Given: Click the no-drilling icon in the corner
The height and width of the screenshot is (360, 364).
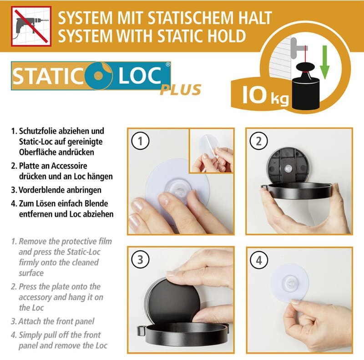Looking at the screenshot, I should click(x=31, y=26).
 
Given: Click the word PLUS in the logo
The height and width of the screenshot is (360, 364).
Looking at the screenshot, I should click(x=180, y=90).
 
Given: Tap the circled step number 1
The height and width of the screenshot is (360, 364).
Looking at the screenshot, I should click(x=141, y=142).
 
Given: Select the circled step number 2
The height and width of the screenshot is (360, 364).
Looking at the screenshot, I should click(x=259, y=142).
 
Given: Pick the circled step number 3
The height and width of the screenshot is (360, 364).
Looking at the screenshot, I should click(x=141, y=260).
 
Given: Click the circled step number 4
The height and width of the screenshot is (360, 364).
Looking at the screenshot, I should click(x=259, y=260).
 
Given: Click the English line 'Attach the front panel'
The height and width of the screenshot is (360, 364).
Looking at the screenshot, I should click(x=56, y=321).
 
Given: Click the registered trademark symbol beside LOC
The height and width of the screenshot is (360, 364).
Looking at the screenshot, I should click(x=168, y=65).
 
